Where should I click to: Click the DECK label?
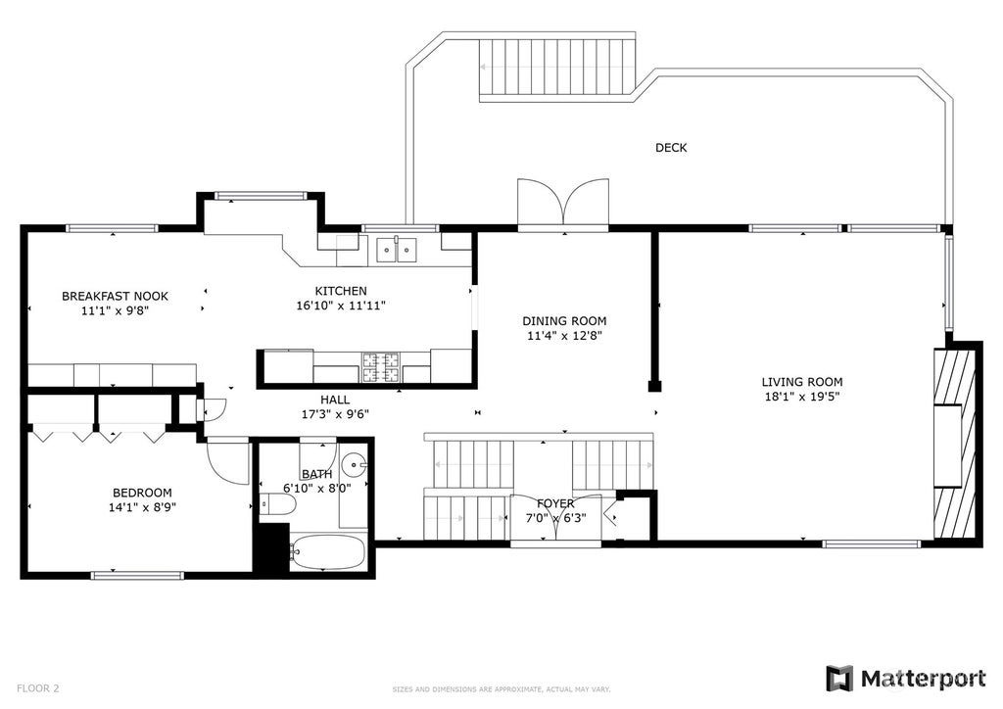click(x=671, y=148)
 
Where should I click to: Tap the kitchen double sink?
click(x=397, y=250)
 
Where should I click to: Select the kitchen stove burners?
click(x=381, y=367)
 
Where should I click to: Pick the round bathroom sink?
click(x=354, y=465)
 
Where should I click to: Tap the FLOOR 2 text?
click(x=38, y=688)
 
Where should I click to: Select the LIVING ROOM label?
click(x=802, y=382)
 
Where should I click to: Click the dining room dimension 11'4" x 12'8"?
click(x=565, y=335)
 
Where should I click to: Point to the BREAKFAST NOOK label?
click(x=116, y=296)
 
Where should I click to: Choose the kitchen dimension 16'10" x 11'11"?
click(x=341, y=306)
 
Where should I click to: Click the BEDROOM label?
click(x=142, y=493)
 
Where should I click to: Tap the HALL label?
click(x=335, y=400)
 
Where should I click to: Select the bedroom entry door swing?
click(x=227, y=460)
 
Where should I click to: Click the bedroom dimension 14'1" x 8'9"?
click(x=143, y=507)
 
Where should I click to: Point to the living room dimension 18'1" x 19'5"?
click(x=802, y=397)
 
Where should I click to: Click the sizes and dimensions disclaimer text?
click(x=501, y=689)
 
